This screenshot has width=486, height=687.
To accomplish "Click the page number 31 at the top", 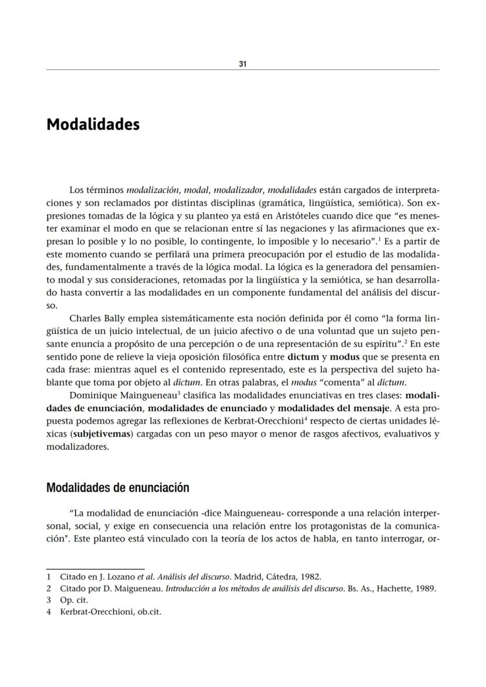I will tap(242, 64).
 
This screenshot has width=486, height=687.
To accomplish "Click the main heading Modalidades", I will tap(93, 125).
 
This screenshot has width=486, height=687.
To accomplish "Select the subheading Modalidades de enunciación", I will tap(117, 488).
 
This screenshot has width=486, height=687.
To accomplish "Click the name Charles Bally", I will tap(95, 319).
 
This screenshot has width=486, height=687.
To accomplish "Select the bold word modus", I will tap(345, 356).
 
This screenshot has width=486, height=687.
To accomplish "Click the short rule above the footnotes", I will tap(95, 569).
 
